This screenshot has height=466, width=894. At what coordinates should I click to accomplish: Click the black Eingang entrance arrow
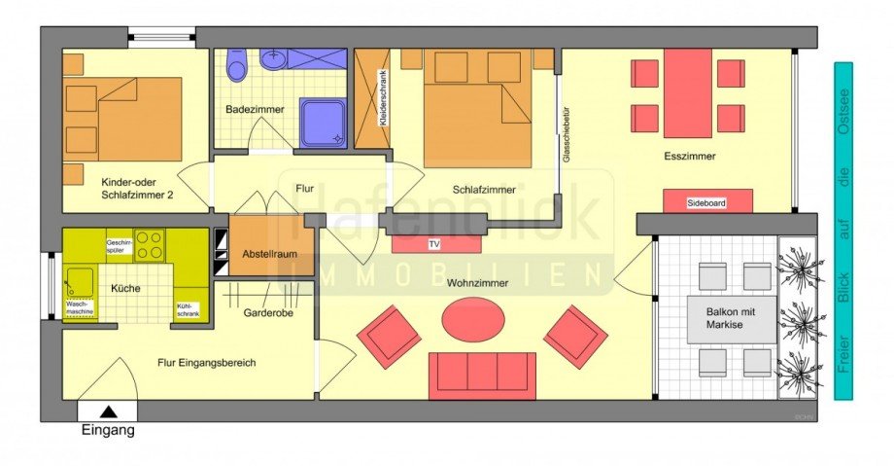(107, 412)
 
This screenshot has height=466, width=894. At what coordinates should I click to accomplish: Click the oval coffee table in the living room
(472, 317)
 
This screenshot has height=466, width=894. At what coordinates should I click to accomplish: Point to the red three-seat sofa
(482, 376)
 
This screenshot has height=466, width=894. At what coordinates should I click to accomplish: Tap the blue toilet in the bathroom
(236, 66)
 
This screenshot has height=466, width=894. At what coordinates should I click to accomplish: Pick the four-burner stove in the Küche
(150, 245)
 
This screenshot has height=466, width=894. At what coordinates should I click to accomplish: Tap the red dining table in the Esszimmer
(688, 92)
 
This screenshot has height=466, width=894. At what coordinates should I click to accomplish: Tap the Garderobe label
(268, 312)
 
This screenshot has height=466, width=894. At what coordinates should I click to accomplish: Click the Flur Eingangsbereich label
(206, 363)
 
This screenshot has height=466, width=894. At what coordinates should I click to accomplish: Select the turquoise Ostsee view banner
(842, 231)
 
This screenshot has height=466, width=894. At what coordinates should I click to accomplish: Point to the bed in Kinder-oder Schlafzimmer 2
(124, 119)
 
